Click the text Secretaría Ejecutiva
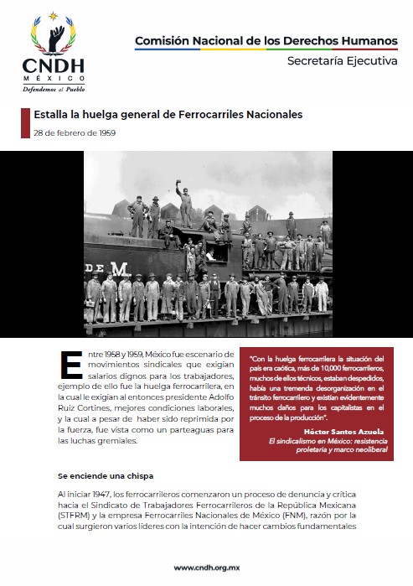coord(342,61)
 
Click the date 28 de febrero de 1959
coord(75,132)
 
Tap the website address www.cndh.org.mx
coord(205,568)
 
